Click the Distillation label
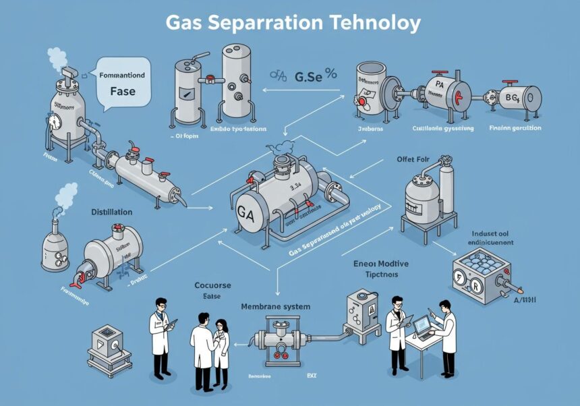111,212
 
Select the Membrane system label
275,307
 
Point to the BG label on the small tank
514,98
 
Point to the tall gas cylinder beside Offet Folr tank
446,188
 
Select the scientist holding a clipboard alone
161,334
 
